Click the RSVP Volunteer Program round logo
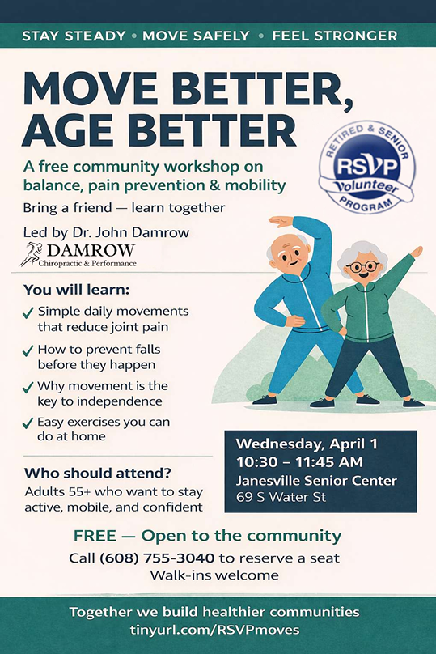(x=366, y=168)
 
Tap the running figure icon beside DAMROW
(x=30, y=254)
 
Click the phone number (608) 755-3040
(x=157, y=558)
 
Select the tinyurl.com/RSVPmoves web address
(x=214, y=630)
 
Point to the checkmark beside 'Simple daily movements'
(x=28, y=312)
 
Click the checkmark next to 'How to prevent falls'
(x=28, y=350)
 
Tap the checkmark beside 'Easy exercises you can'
(x=28, y=423)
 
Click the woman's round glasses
(x=363, y=266)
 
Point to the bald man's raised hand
(x=281, y=222)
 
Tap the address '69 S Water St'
(x=281, y=497)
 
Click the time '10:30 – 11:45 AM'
(x=299, y=462)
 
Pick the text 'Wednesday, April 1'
(x=307, y=444)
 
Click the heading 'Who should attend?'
(x=98, y=473)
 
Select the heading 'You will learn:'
(x=76, y=290)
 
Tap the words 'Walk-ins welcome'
(x=214, y=575)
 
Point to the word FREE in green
(x=95, y=536)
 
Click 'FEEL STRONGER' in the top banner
(x=335, y=36)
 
